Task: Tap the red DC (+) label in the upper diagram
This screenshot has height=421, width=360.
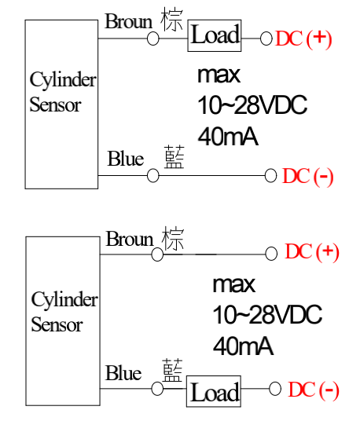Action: point(303,38)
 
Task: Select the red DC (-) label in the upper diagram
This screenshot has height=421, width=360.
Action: point(307,176)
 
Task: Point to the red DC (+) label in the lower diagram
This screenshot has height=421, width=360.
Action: point(311,251)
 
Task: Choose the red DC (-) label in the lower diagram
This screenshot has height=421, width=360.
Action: point(314,390)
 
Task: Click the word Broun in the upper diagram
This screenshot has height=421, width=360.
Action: point(129,21)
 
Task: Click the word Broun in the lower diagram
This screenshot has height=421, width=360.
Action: point(130,239)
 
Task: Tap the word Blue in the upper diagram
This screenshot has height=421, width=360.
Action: point(126,159)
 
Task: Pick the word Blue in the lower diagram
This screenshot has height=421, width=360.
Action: point(123,373)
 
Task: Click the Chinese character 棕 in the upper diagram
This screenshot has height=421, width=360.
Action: point(172,20)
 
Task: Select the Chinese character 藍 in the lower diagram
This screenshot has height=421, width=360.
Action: point(172,370)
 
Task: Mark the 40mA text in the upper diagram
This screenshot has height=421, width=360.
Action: point(228,137)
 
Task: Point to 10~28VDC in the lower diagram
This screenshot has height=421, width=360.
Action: point(267,314)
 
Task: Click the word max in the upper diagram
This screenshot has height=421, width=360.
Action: point(219,75)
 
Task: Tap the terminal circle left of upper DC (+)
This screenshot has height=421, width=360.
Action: point(266,38)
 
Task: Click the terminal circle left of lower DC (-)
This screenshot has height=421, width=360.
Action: point(275,389)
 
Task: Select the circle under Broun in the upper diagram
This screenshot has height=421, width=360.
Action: point(153,38)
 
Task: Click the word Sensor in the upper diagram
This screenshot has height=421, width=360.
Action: point(55,104)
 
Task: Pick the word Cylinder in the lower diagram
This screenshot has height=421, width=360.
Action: point(64,298)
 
